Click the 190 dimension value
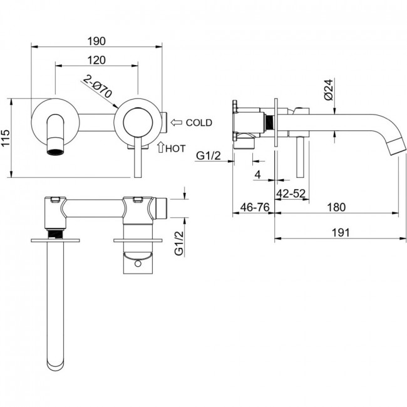[x=96, y=41]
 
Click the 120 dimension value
[x=96, y=60]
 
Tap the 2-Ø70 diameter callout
[x=98, y=86]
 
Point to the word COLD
[x=199, y=123]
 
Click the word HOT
[x=176, y=149]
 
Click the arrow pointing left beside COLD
[x=177, y=122]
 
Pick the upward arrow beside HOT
[x=161, y=147]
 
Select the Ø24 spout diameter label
[x=328, y=90]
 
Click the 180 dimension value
[x=336, y=207]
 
